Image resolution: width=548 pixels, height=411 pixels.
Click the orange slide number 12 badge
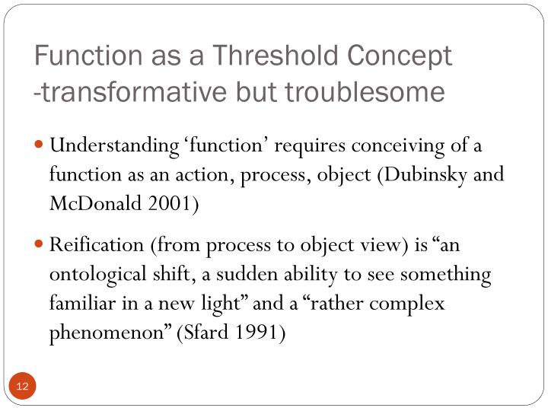point(22,387)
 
